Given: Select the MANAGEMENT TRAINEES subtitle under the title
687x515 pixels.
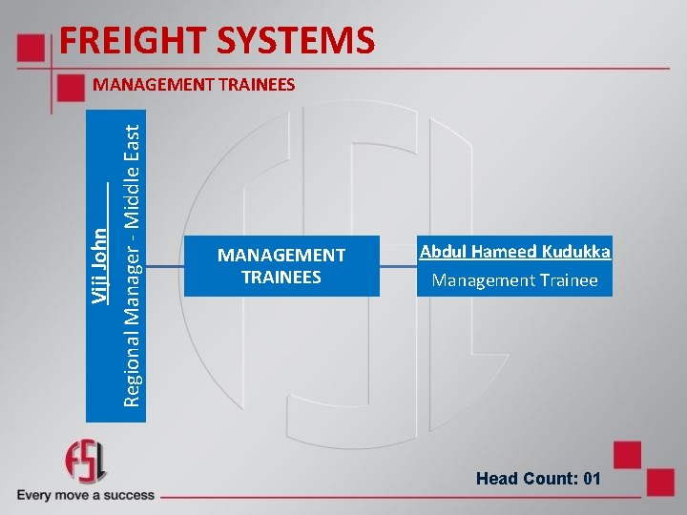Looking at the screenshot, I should coord(194,85).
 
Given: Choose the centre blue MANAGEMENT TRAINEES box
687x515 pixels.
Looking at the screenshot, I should coord(281,266).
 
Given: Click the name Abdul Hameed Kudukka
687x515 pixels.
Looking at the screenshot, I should coord(514,252).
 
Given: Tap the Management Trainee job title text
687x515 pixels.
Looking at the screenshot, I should coord(514,280).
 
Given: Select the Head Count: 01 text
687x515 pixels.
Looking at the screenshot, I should coord(538,478).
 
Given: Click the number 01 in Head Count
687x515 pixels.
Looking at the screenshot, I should coord(591,478).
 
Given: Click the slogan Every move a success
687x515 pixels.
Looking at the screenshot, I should coord(85,495).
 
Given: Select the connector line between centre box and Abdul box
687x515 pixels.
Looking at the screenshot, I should coord(398,266).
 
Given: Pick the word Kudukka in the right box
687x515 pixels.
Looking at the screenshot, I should coord(576,252).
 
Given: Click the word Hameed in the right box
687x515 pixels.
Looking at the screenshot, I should coord(506,252).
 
